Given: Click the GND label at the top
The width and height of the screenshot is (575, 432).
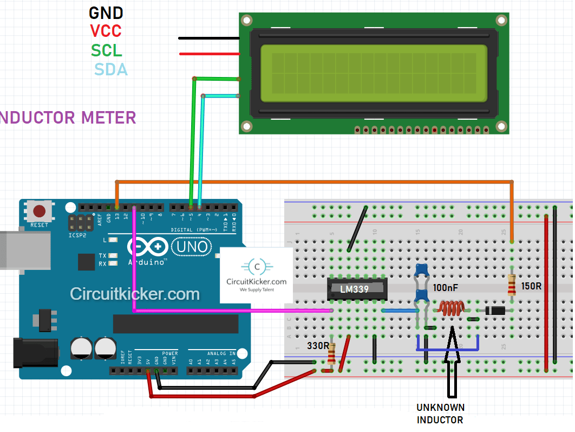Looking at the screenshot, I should click(106, 12).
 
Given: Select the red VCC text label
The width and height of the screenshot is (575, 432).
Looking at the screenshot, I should click(106, 31).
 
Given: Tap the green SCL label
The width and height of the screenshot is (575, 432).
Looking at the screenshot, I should click(106, 50).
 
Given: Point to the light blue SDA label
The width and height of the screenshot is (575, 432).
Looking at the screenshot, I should click(111, 69).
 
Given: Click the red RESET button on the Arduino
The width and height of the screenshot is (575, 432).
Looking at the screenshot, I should click(40, 211).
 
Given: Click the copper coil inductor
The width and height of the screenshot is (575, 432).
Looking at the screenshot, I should click(452, 308).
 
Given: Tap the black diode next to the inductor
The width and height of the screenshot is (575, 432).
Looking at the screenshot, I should click(494, 311).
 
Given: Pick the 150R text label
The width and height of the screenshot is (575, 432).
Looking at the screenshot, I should click(531, 286).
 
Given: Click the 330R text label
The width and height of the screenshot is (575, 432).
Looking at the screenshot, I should click(317, 345).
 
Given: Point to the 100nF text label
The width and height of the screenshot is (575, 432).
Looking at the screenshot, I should click(446, 288).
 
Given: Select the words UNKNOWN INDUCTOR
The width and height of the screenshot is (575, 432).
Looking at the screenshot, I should click(440, 414).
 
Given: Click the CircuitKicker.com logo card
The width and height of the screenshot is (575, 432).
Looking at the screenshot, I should click(256, 275).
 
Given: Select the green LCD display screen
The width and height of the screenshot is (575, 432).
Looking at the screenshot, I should click(374, 73).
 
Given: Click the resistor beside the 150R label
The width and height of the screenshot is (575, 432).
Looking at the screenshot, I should click(512, 285).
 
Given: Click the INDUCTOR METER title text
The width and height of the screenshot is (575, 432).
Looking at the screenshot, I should click(68, 117).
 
